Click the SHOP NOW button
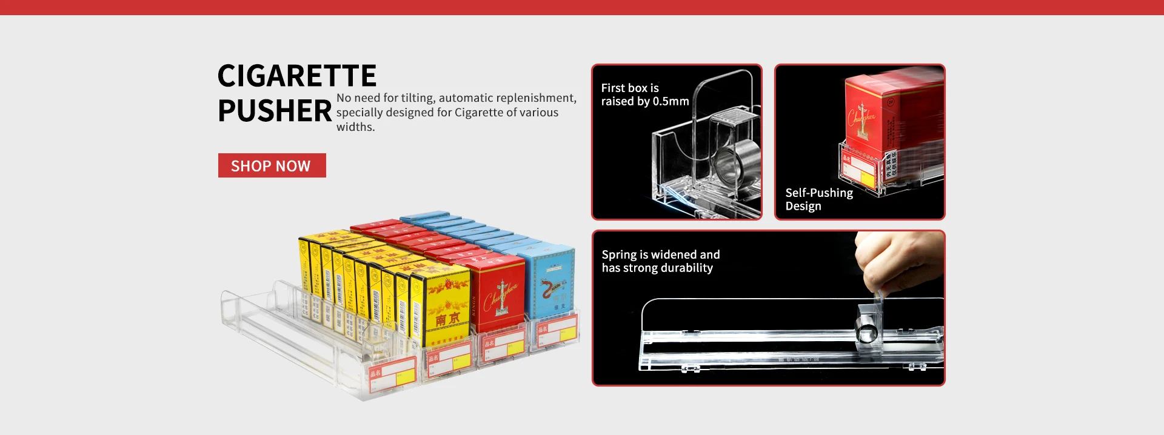click(272, 165)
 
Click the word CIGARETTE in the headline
click(297, 76)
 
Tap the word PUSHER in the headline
click(275, 111)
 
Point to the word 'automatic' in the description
click(466, 98)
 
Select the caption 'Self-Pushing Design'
click(818, 199)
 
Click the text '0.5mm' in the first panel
click(671, 102)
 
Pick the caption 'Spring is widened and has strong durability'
click(660, 261)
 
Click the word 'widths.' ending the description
click(356, 127)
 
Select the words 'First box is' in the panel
click(629, 88)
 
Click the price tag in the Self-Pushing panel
click(858, 170)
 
